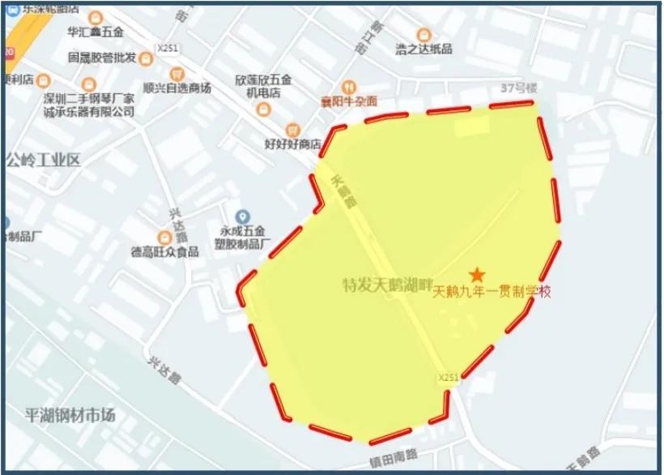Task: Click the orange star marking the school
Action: tap(478, 276)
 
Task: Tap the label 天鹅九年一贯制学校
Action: tap(492, 293)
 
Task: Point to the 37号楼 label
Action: tap(519, 88)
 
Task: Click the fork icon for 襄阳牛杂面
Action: tap(348, 86)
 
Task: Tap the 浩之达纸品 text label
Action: tap(424, 49)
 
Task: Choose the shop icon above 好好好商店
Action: tap(292, 131)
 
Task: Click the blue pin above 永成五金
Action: tap(241, 216)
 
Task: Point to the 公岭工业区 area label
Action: tap(43, 159)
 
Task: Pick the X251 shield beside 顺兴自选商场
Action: tap(168, 49)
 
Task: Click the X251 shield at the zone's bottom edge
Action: tap(448, 378)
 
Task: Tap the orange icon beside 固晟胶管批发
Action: tap(146, 58)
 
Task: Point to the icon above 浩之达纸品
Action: tap(423, 34)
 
